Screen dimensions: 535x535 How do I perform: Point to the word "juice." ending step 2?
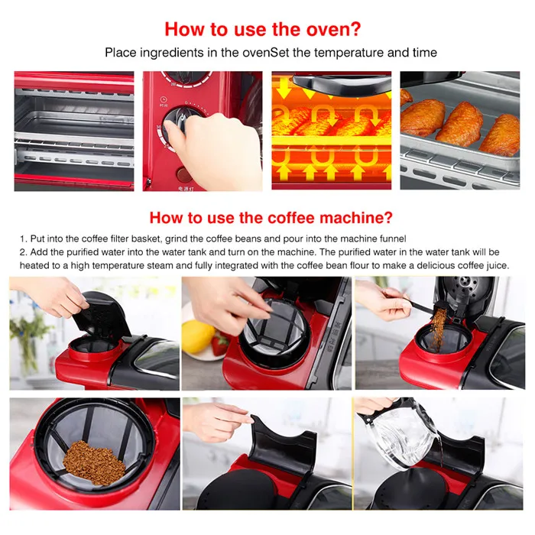pos(498,265)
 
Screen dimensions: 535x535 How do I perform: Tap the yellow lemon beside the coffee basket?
pos(197,337)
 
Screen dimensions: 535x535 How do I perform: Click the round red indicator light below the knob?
pos(184,175)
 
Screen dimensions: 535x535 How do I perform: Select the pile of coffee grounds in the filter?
pos(94,462)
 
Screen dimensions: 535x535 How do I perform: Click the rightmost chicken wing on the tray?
pos(501,135)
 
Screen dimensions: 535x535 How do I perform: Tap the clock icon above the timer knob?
pos(164,99)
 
